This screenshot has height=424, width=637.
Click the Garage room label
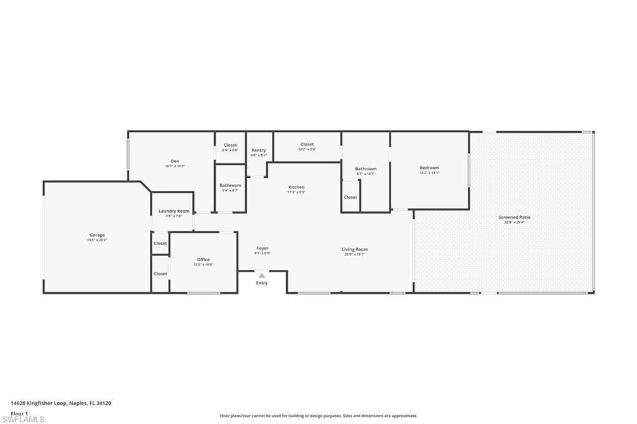[x=96, y=235]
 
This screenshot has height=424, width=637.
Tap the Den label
[x=175, y=161]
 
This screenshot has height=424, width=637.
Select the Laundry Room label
[x=174, y=211]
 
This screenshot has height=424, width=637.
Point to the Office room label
[x=203, y=259]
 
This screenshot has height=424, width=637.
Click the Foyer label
[x=262, y=248]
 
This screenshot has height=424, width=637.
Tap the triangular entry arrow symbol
[x=262, y=275]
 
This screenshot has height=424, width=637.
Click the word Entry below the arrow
[x=262, y=283]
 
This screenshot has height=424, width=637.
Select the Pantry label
[x=259, y=150]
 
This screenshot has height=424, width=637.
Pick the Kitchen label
[x=296, y=187]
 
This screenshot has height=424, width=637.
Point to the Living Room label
[x=355, y=249]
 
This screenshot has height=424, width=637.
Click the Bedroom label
[x=429, y=168]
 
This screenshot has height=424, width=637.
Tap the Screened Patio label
[x=514, y=217]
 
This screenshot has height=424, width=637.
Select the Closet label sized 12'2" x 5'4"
[x=307, y=144]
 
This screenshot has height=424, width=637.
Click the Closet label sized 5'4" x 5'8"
[x=230, y=145]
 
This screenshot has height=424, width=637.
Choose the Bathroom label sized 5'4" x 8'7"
[x=230, y=185]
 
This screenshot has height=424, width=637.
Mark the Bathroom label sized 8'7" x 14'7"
[x=366, y=168]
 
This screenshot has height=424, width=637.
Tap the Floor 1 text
[x=20, y=413]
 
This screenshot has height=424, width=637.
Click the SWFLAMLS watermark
[x=23, y=420]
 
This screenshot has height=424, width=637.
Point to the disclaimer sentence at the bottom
[x=318, y=416]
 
